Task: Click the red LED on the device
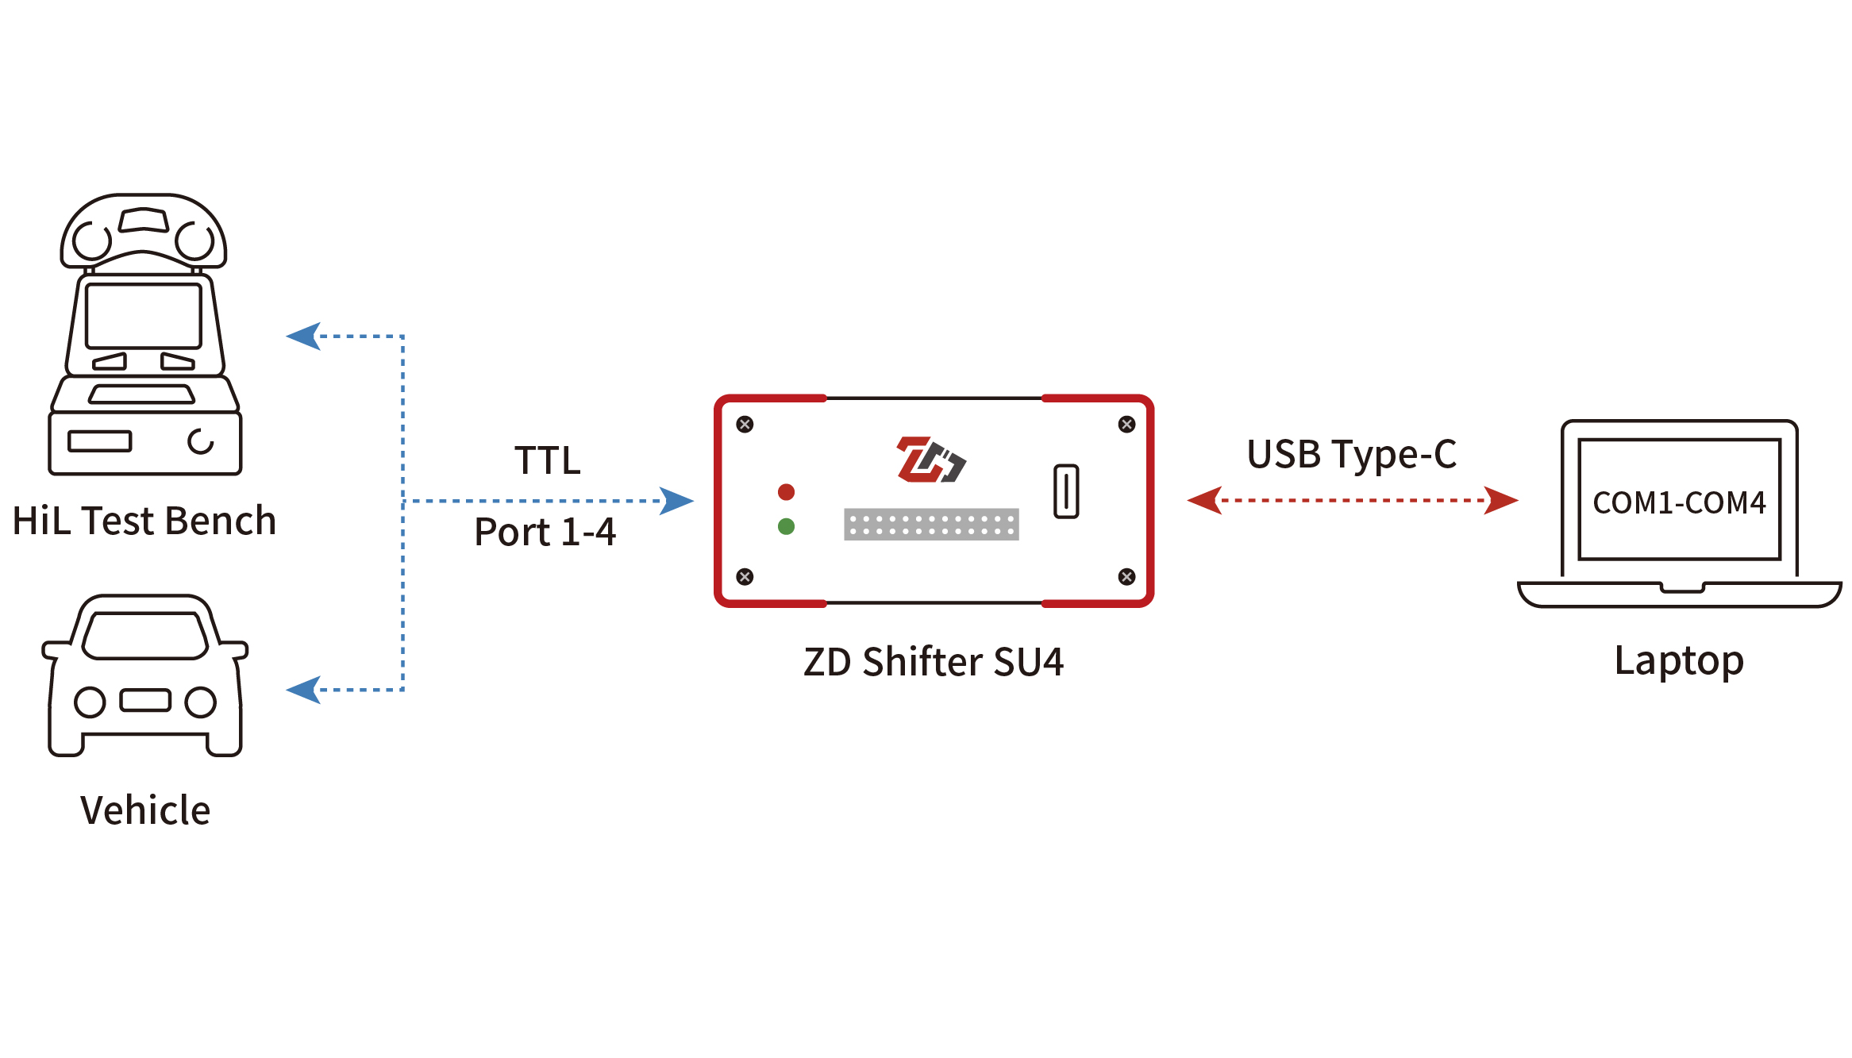(x=786, y=492)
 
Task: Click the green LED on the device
(x=786, y=526)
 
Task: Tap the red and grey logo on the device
(x=930, y=460)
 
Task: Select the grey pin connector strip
(x=931, y=525)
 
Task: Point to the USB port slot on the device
(x=1066, y=491)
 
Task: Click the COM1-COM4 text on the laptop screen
(x=1679, y=502)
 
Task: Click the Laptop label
(x=1679, y=661)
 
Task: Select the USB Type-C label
(x=1351, y=455)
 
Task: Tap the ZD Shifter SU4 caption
(x=934, y=662)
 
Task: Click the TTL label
(x=548, y=460)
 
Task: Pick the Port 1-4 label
(x=545, y=532)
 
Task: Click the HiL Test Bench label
(x=144, y=521)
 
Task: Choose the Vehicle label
(x=145, y=810)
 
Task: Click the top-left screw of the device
(x=745, y=425)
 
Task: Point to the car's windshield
(x=145, y=635)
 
